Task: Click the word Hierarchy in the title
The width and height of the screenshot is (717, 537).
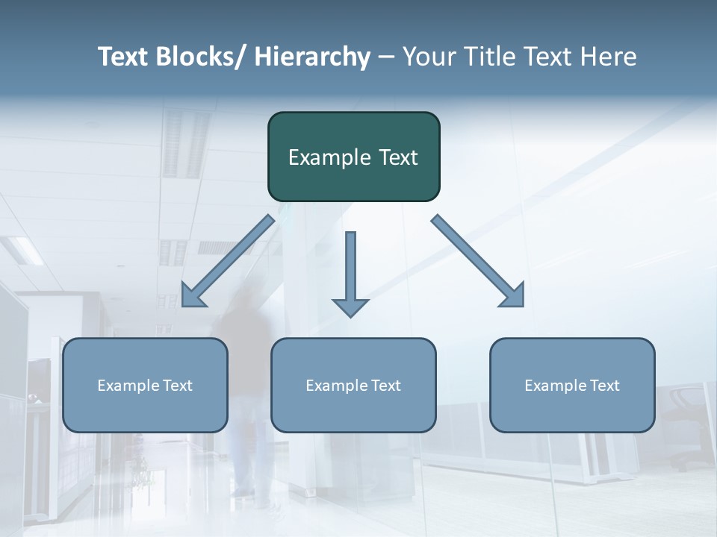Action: pos(312,57)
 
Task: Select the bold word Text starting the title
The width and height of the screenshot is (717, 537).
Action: pos(124,57)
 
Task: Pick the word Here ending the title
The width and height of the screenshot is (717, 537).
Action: pos(606,57)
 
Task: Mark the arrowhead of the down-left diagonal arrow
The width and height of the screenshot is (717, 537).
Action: pos(193,296)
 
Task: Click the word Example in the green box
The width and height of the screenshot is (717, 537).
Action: pos(326,157)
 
